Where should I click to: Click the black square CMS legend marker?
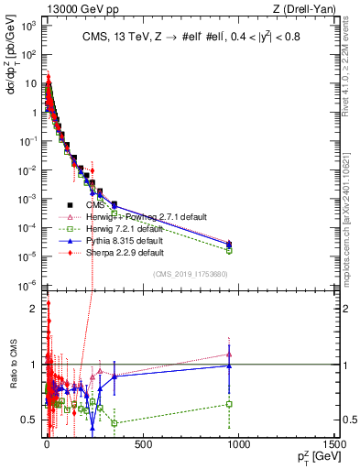70,204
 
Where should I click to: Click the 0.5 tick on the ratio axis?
31,420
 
